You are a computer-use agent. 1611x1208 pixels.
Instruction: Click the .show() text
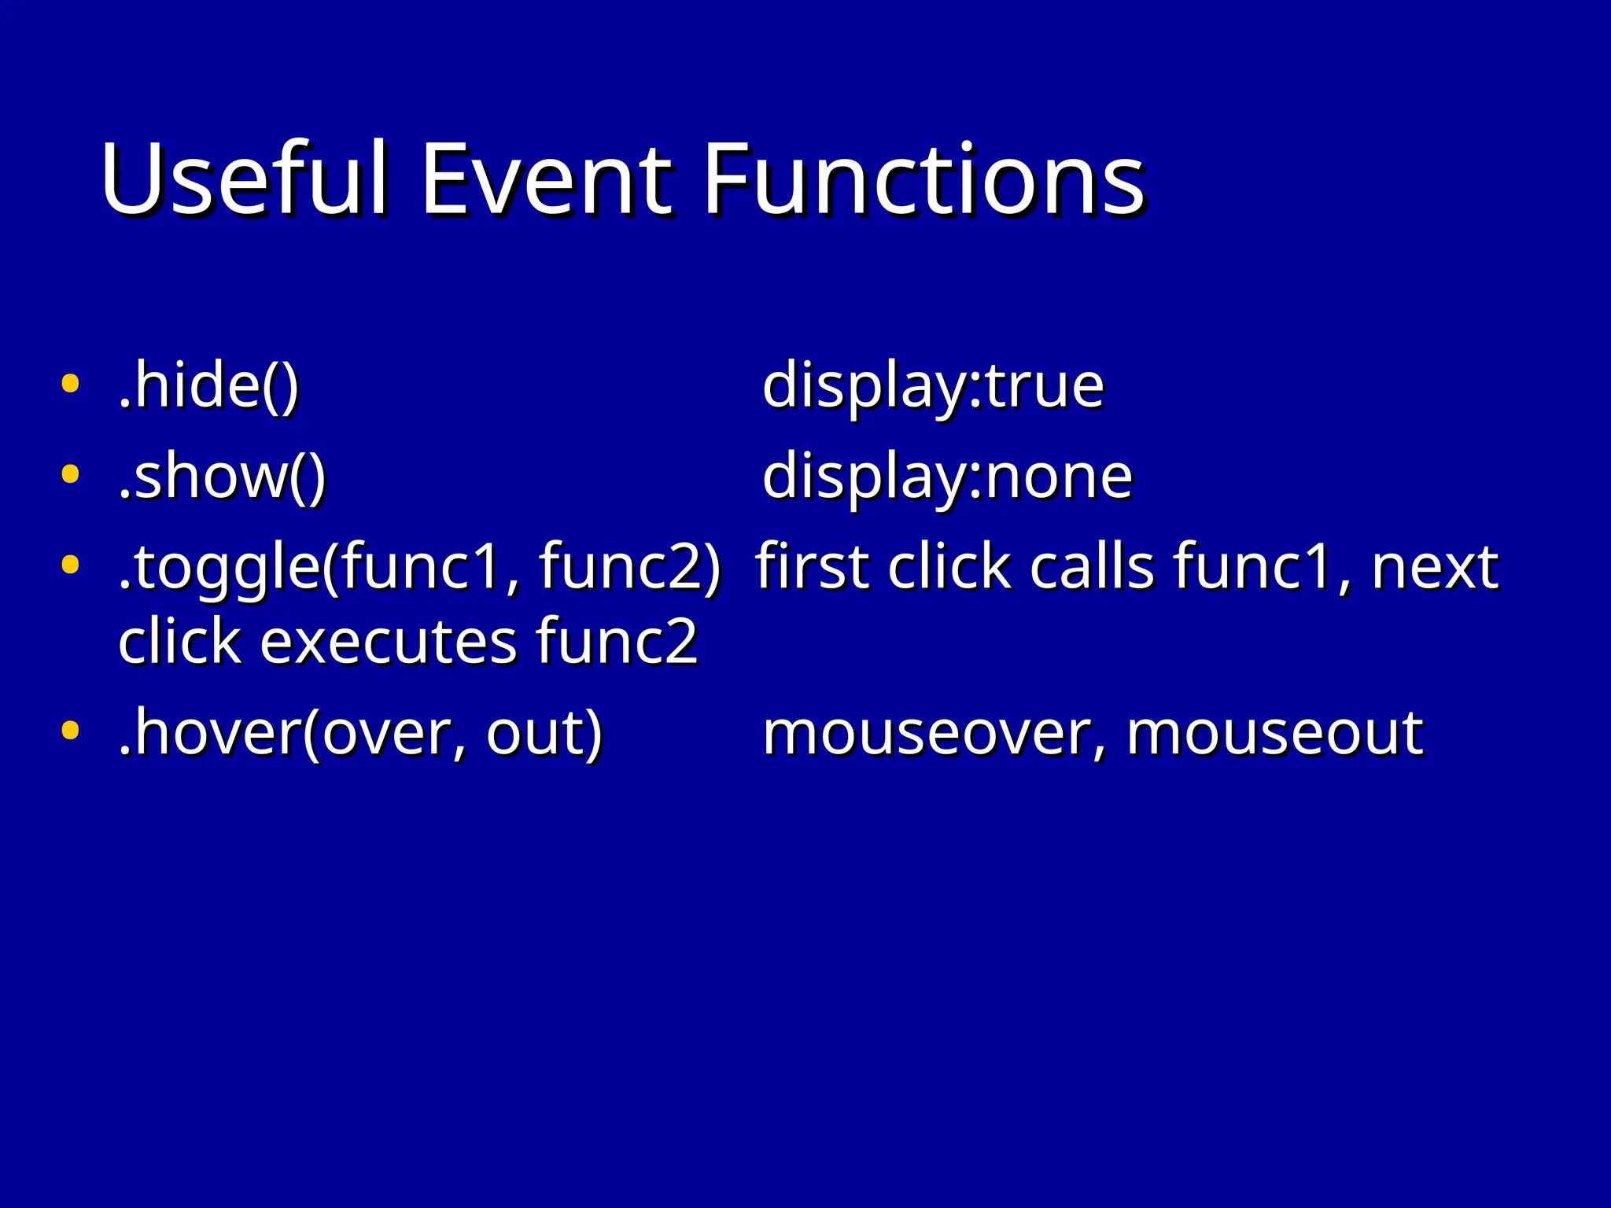point(222,476)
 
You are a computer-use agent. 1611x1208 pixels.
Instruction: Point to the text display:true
point(933,387)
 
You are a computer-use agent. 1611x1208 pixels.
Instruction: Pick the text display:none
point(947,477)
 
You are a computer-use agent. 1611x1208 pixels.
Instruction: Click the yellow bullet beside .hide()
point(70,385)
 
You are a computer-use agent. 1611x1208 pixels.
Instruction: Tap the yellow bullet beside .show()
point(70,474)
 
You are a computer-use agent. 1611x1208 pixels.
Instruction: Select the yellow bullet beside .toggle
point(70,564)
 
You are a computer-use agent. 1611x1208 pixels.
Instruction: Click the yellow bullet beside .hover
point(70,731)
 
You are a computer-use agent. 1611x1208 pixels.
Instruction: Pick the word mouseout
point(1274,733)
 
